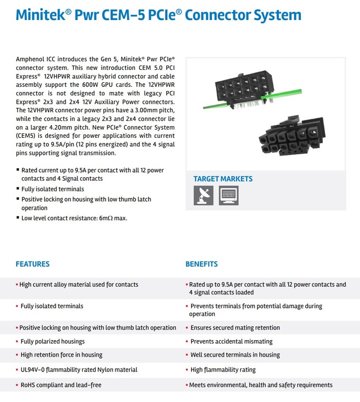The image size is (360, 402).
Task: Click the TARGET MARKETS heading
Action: point(223,179)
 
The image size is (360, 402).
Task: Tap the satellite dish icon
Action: point(203,195)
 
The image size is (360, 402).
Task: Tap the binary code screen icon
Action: point(229,195)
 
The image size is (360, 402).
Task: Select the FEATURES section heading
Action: point(32,264)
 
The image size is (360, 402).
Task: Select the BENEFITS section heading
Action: point(201,264)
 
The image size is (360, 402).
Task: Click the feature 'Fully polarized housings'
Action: point(52,342)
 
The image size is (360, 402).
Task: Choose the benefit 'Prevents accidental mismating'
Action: point(231,342)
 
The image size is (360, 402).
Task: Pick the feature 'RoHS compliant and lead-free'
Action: point(61,385)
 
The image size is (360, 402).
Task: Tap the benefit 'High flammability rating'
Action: point(223,370)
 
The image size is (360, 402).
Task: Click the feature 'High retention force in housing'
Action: point(61,355)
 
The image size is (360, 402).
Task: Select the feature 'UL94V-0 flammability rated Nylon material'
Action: point(79,370)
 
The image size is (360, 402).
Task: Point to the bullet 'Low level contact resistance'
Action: point(74,218)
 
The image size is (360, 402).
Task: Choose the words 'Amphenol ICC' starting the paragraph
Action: point(35,59)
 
